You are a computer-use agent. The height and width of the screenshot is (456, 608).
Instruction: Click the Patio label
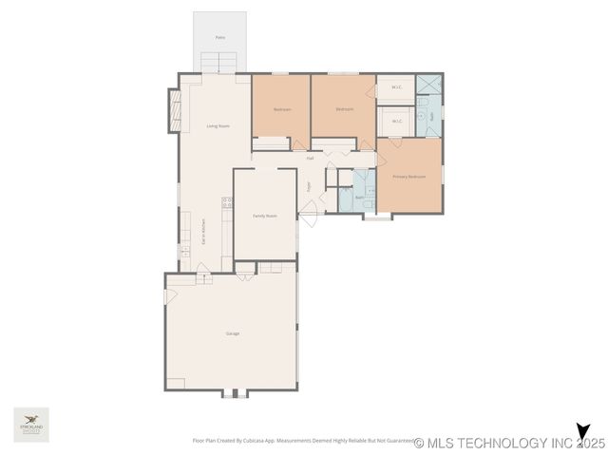[219, 37]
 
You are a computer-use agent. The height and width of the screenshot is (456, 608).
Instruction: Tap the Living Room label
[218, 125]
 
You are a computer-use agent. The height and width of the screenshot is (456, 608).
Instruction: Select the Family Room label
[264, 216]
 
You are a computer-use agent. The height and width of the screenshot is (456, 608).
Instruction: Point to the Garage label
[232, 333]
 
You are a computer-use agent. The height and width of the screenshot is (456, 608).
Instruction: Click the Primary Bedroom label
[409, 177]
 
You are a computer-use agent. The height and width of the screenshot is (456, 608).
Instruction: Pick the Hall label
[310, 158]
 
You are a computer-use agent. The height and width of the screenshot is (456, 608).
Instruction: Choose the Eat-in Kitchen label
[202, 234]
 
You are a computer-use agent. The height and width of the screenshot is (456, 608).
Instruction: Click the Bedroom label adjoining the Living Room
[281, 109]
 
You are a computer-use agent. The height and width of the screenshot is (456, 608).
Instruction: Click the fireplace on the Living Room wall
[174, 110]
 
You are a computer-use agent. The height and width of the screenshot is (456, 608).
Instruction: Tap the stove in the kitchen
[227, 202]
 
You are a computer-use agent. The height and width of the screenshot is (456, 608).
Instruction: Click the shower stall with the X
[428, 84]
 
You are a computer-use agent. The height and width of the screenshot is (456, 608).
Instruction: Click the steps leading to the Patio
[220, 63]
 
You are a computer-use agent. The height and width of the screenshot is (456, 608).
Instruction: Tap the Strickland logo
[31, 425]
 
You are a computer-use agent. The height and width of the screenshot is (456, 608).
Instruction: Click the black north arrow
[581, 433]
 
